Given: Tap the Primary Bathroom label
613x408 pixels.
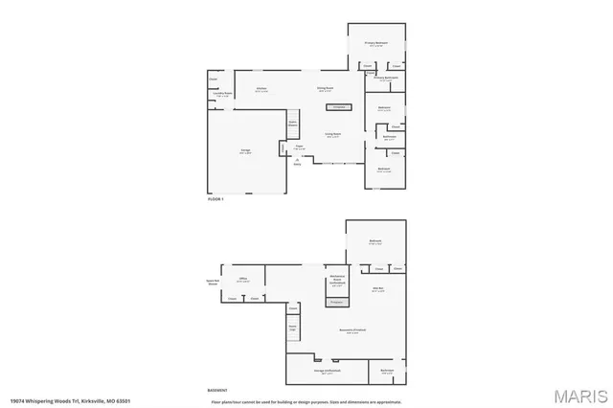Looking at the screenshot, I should click(x=385, y=79).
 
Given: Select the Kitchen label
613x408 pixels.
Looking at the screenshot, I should click(x=260, y=90).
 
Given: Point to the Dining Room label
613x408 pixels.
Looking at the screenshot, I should click(x=325, y=89).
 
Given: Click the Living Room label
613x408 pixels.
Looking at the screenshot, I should click(x=332, y=135).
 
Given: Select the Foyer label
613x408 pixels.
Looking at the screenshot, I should click(x=299, y=147).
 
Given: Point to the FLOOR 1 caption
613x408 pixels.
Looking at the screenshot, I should click(x=216, y=199).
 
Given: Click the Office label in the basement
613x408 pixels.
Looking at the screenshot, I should click(x=242, y=280).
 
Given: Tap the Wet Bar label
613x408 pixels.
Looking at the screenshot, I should click(x=377, y=289).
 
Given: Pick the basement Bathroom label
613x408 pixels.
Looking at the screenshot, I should click(x=387, y=371).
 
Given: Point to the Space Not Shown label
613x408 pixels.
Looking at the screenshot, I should click(x=213, y=282).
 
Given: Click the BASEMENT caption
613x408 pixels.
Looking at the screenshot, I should click(x=217, y=391).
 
